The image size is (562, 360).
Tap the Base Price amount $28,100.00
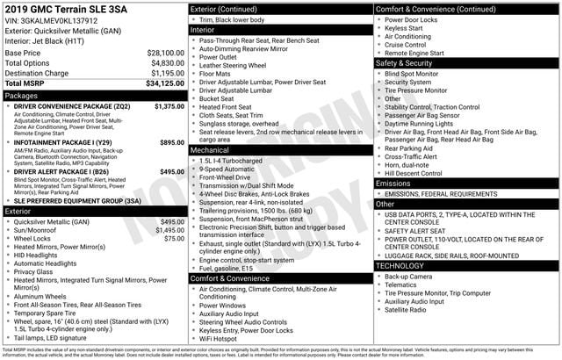165,53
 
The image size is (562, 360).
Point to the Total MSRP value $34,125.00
163,84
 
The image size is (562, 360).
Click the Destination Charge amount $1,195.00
165,74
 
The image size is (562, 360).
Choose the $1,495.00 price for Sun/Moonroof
169,230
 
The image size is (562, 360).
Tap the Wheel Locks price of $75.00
175,239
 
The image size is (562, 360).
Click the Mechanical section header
211,150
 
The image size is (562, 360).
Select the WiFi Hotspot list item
219,338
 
